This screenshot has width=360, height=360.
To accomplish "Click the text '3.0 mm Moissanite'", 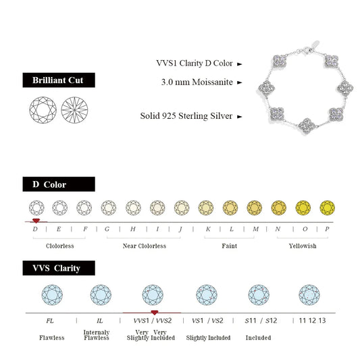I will pos(198,82).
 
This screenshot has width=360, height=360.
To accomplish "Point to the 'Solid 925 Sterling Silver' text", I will pos(186,116).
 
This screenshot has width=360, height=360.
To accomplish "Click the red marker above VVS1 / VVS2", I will pos(155,313).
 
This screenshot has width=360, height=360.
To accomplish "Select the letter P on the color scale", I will pos(328,230).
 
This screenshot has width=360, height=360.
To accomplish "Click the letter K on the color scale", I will pos(208,230).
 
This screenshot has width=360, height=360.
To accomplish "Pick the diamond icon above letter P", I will pos(328,207).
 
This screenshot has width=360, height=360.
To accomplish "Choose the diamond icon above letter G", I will pos(108,207).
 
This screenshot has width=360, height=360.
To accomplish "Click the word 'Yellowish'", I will pos(302,246).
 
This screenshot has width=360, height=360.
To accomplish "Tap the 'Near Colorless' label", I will pos(144,246).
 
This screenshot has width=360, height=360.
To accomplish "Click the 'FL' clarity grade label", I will pos(50,320).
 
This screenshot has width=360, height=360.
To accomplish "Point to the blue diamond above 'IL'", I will pos(101,294).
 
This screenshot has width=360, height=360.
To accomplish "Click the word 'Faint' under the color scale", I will pos(230,246).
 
